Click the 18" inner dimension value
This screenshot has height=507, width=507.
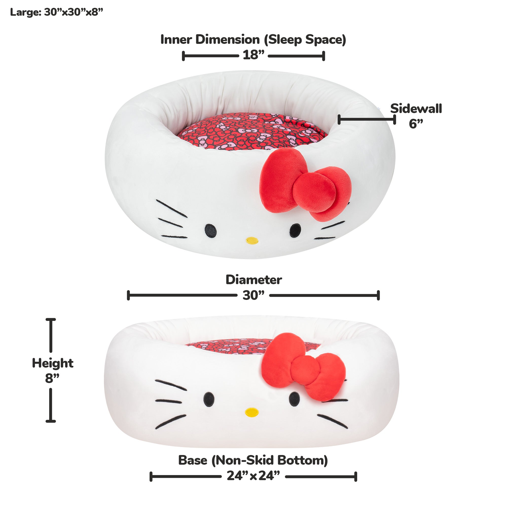click(x=253, y=55)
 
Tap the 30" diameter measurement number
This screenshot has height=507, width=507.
click(x=253, y=295)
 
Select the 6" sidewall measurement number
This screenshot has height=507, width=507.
click(x=416, y=124)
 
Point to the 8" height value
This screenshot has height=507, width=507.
click(x=52, y=378)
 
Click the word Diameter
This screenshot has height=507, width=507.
click(x=254, y=280)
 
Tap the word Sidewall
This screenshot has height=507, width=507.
click(x=416, y=109)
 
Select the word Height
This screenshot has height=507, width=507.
click(x=52, y=363)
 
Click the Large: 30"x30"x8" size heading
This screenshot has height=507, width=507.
click(x=57, y=12)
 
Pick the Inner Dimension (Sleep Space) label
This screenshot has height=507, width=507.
click(x=253, y=40)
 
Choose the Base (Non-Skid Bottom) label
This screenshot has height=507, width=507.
click(x=253, y=460)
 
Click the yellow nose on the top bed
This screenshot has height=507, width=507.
click(x=252, y=240)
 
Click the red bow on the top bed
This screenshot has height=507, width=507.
click(x=304, y=184)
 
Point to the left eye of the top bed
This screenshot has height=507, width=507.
click(x=210, y=231)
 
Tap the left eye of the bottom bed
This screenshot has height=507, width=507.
click(x=209, y=399)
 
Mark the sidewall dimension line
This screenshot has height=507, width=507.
click(x=367, y=120)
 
